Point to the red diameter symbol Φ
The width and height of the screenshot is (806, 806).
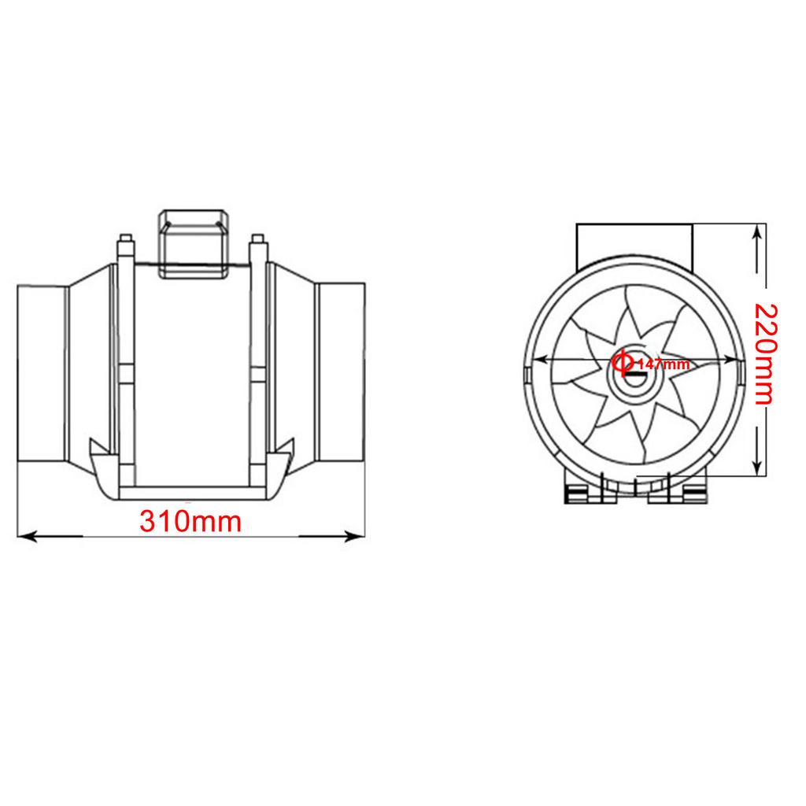[x=622, y=362]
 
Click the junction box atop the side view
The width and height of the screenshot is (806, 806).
[x=194, y=242]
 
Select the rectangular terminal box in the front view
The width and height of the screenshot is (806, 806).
[x=634, y=242]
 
